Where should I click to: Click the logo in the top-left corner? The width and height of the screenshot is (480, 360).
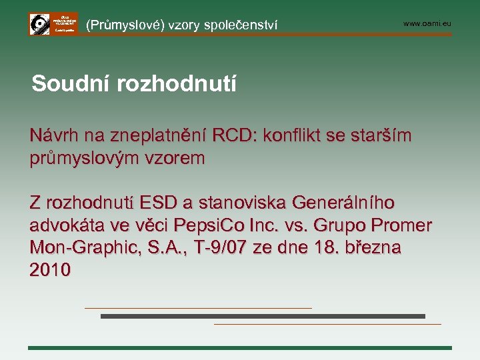53,24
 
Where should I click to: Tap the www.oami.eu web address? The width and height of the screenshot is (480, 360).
427,24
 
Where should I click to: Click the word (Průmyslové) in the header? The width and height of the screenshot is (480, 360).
125,25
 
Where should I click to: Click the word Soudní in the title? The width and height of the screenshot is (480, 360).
69,84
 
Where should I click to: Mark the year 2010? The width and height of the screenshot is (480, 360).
50,270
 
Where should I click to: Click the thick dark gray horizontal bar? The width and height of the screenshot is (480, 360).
263,316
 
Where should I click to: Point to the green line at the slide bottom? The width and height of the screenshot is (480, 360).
240,348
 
